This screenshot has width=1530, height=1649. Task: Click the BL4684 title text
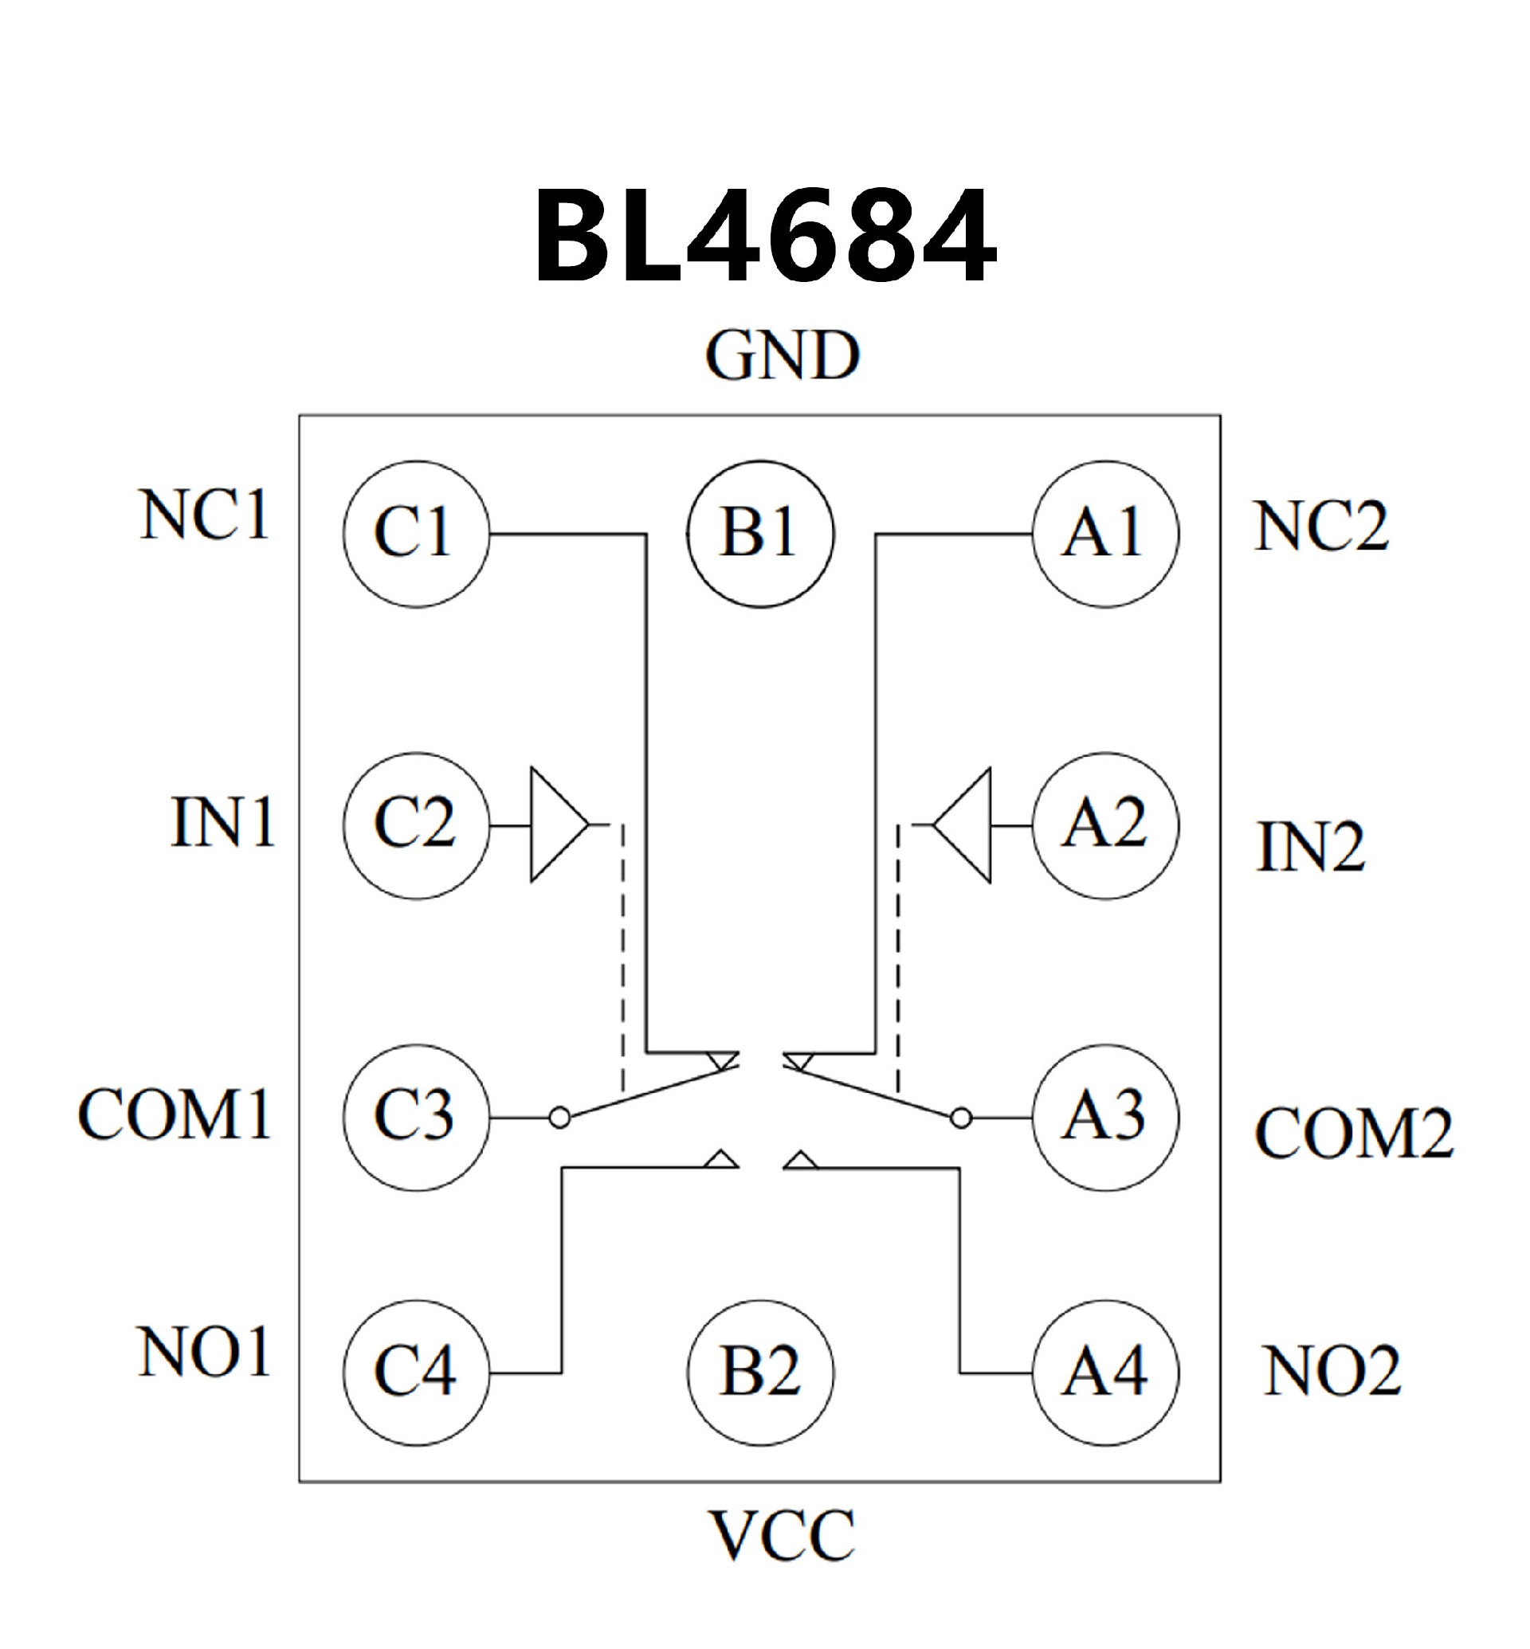click(x=765, y=235)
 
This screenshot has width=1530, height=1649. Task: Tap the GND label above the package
click(x=783, y=356)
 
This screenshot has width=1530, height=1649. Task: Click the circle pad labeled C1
click(x=417, y=534)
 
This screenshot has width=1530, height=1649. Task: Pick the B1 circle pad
click(x=760, y=534)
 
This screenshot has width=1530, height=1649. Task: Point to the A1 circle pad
click(x=1105, y=534)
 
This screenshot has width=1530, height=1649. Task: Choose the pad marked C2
click(x=417, y=825)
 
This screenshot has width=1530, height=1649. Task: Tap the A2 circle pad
click(x=1105, y=825)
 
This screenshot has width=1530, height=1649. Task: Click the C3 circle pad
click(x=417, y=1118)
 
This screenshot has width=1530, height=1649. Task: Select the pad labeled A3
click(x=1105, y=1118)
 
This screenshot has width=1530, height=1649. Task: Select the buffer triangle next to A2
click(x=966, y=824)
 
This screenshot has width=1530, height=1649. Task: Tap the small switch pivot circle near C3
click(x=559, y=1118)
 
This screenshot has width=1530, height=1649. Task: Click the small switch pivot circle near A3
click(x=960, y=1118)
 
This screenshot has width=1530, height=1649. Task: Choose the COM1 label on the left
click(x=175, y=1114)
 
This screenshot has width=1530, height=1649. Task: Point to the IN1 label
click(x=222, y=822)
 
